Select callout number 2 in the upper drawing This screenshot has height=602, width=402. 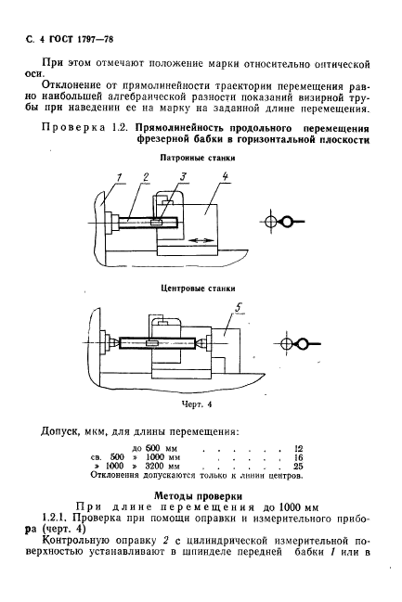(x=146, y=176)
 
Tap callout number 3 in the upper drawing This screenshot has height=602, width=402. (x=185, y=176)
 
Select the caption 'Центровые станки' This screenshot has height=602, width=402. (x=195, y=288)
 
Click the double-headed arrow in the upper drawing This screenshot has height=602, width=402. (x=203, y=240)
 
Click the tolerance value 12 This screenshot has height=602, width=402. (x=298, y=448)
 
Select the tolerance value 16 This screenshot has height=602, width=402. (x=298, y=457)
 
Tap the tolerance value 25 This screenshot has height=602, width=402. (x=298, y=467)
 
